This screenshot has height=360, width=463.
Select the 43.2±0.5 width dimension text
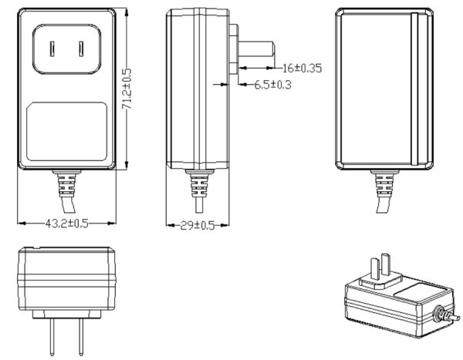point(67,224)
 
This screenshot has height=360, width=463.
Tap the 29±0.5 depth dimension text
point(198,225)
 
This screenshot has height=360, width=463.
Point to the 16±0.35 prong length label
point(300,68)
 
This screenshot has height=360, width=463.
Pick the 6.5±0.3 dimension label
point(273,85)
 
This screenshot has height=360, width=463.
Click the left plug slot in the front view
point(52,49)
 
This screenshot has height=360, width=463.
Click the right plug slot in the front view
point(81,49)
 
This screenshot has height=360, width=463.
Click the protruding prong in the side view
point(255,50)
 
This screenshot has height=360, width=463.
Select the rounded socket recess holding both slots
point(66,50)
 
